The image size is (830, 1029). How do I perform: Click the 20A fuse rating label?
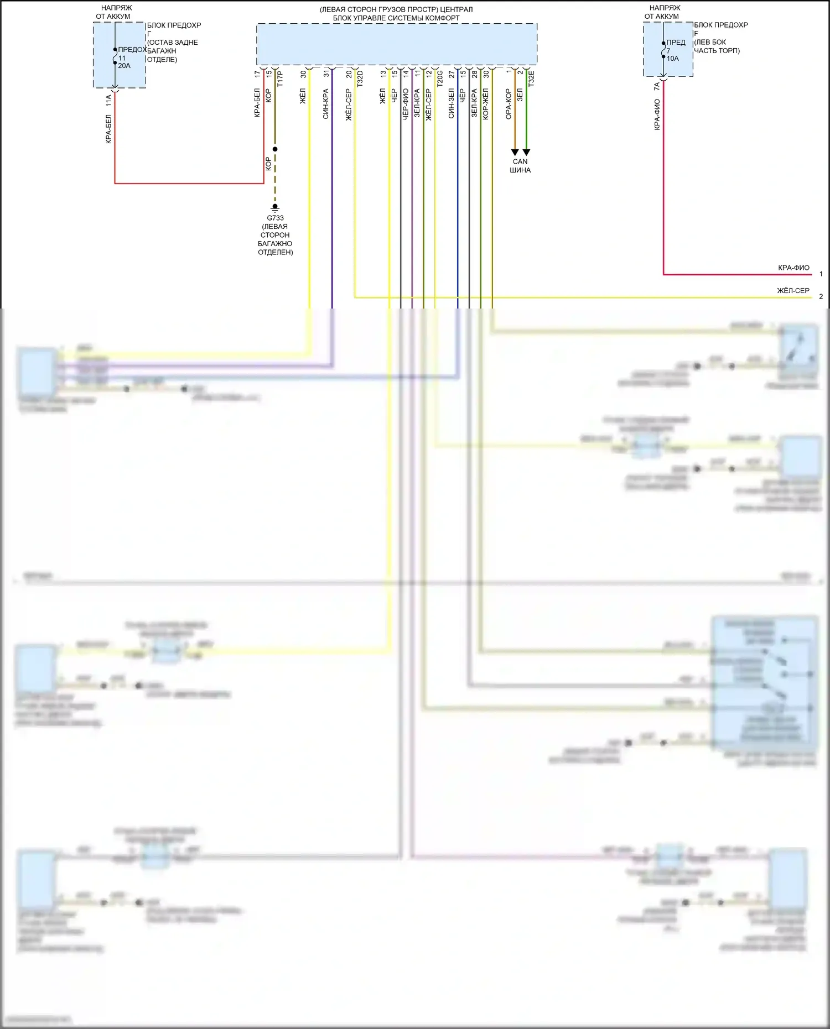(x=124, y=66)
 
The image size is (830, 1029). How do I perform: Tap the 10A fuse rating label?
(x=672, y=59)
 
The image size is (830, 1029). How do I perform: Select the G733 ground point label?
(x=275, y=218)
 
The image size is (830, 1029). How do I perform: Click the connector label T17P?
(x=280, y=79)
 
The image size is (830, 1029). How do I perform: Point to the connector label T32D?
(x=360, y=79)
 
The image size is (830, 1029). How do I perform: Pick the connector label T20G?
(x=440, y=79)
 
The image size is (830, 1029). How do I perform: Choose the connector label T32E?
(x=531, y=79)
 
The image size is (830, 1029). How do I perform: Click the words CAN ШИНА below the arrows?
(x=520, y=166)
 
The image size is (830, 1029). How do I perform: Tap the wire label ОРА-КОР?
(x=509, y=105)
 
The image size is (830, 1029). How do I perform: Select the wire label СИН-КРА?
(x=326, y=104)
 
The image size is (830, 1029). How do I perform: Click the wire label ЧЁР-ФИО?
(x=406, y=105)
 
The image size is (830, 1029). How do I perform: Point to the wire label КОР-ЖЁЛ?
(x=486, y=104)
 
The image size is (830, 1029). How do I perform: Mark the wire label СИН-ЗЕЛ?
(x=452, y=104)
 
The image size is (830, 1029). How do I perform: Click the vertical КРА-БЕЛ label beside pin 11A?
(x=108, y=129)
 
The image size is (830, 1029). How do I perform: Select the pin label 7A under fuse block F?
(x=657, y=87)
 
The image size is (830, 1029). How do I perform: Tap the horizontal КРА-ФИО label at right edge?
(x=793, y=268)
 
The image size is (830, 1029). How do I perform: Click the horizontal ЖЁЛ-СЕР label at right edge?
(x=793, y=290)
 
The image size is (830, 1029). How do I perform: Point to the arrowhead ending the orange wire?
(x=515, y=152)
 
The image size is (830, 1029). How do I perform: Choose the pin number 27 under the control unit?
(x=452, y=74)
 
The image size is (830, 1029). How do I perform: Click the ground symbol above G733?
(x=275, y=207)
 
